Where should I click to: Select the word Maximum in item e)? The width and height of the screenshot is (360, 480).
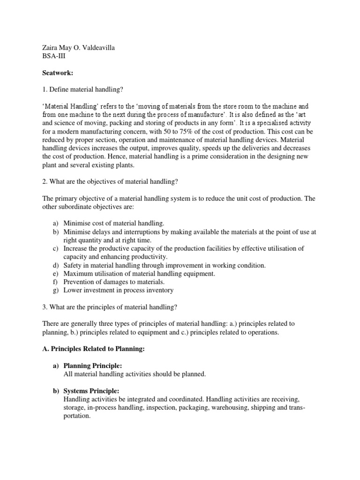[x=77, y=273]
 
